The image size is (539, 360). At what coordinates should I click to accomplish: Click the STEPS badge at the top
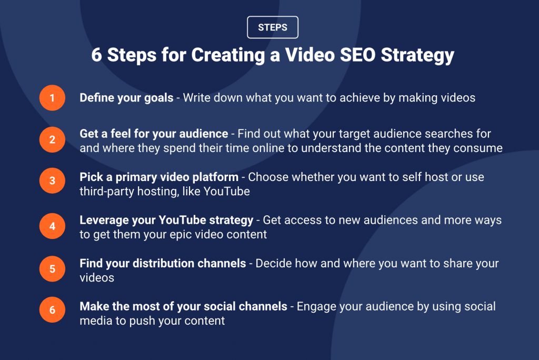pyautogui.click(x=273, y=27)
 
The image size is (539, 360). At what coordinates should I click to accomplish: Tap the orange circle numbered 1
pyautogui.click(x=52, y=98)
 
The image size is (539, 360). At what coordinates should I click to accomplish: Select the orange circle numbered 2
pyautogui.click(x=52, y=139)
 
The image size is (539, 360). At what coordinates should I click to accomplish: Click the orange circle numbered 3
pyautogui.click(x=52, y=181)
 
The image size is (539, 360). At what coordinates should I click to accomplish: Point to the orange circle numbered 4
pyautogui.click(x=52, y=226)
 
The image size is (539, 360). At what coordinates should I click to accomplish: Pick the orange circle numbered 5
pyautogui.click(x=52, y=269)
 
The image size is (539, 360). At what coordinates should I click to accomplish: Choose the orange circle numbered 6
pyautogui.click(x=52, y=310)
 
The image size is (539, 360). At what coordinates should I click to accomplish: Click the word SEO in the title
pyautogui.click(x=357, y=55)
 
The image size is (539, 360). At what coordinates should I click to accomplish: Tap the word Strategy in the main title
pyautogui.click(x=417, y=56)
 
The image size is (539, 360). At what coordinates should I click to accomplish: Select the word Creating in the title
pyautogui.click(x=228, y=56)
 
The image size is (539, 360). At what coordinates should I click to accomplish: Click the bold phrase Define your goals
pyautogui.click(x=126, y=98)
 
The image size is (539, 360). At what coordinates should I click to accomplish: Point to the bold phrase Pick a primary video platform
pyautogui.click(x=159, y=177)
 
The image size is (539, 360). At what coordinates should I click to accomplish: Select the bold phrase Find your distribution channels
pyautogui.click(x=163, y=263)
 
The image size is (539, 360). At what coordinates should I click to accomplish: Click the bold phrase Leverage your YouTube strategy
pyautogui.click(x=166, y=221)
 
